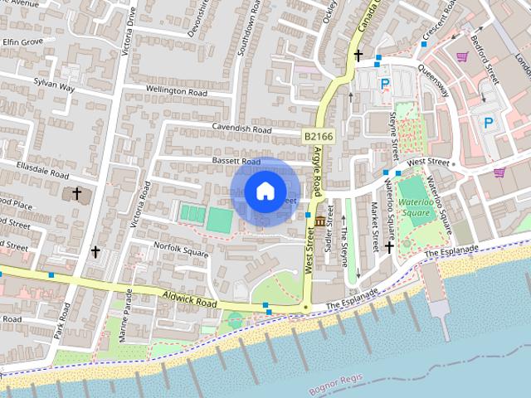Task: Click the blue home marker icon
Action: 265,192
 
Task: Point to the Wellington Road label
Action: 177,91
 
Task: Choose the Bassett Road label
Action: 236,160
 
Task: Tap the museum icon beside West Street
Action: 320,221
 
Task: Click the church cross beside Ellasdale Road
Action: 77,194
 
